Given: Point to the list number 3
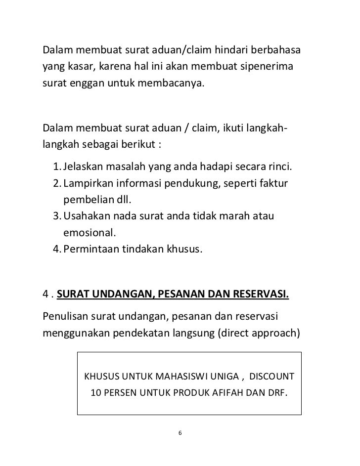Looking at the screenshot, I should (x=55, y=217).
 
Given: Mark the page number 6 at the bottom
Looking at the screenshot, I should (x=180, y=433).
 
